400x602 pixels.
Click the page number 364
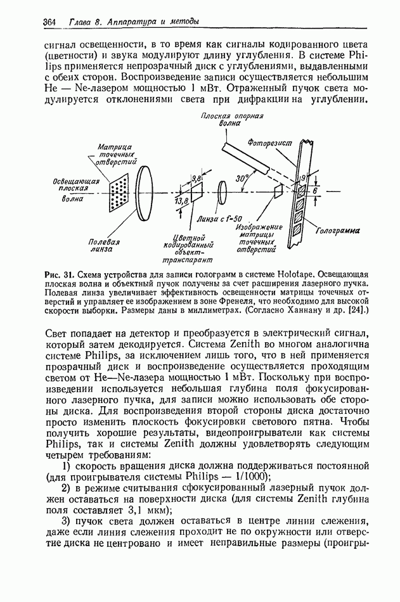50,22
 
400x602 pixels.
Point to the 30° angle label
242,179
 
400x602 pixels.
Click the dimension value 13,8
182,201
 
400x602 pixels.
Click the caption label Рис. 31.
60,274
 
